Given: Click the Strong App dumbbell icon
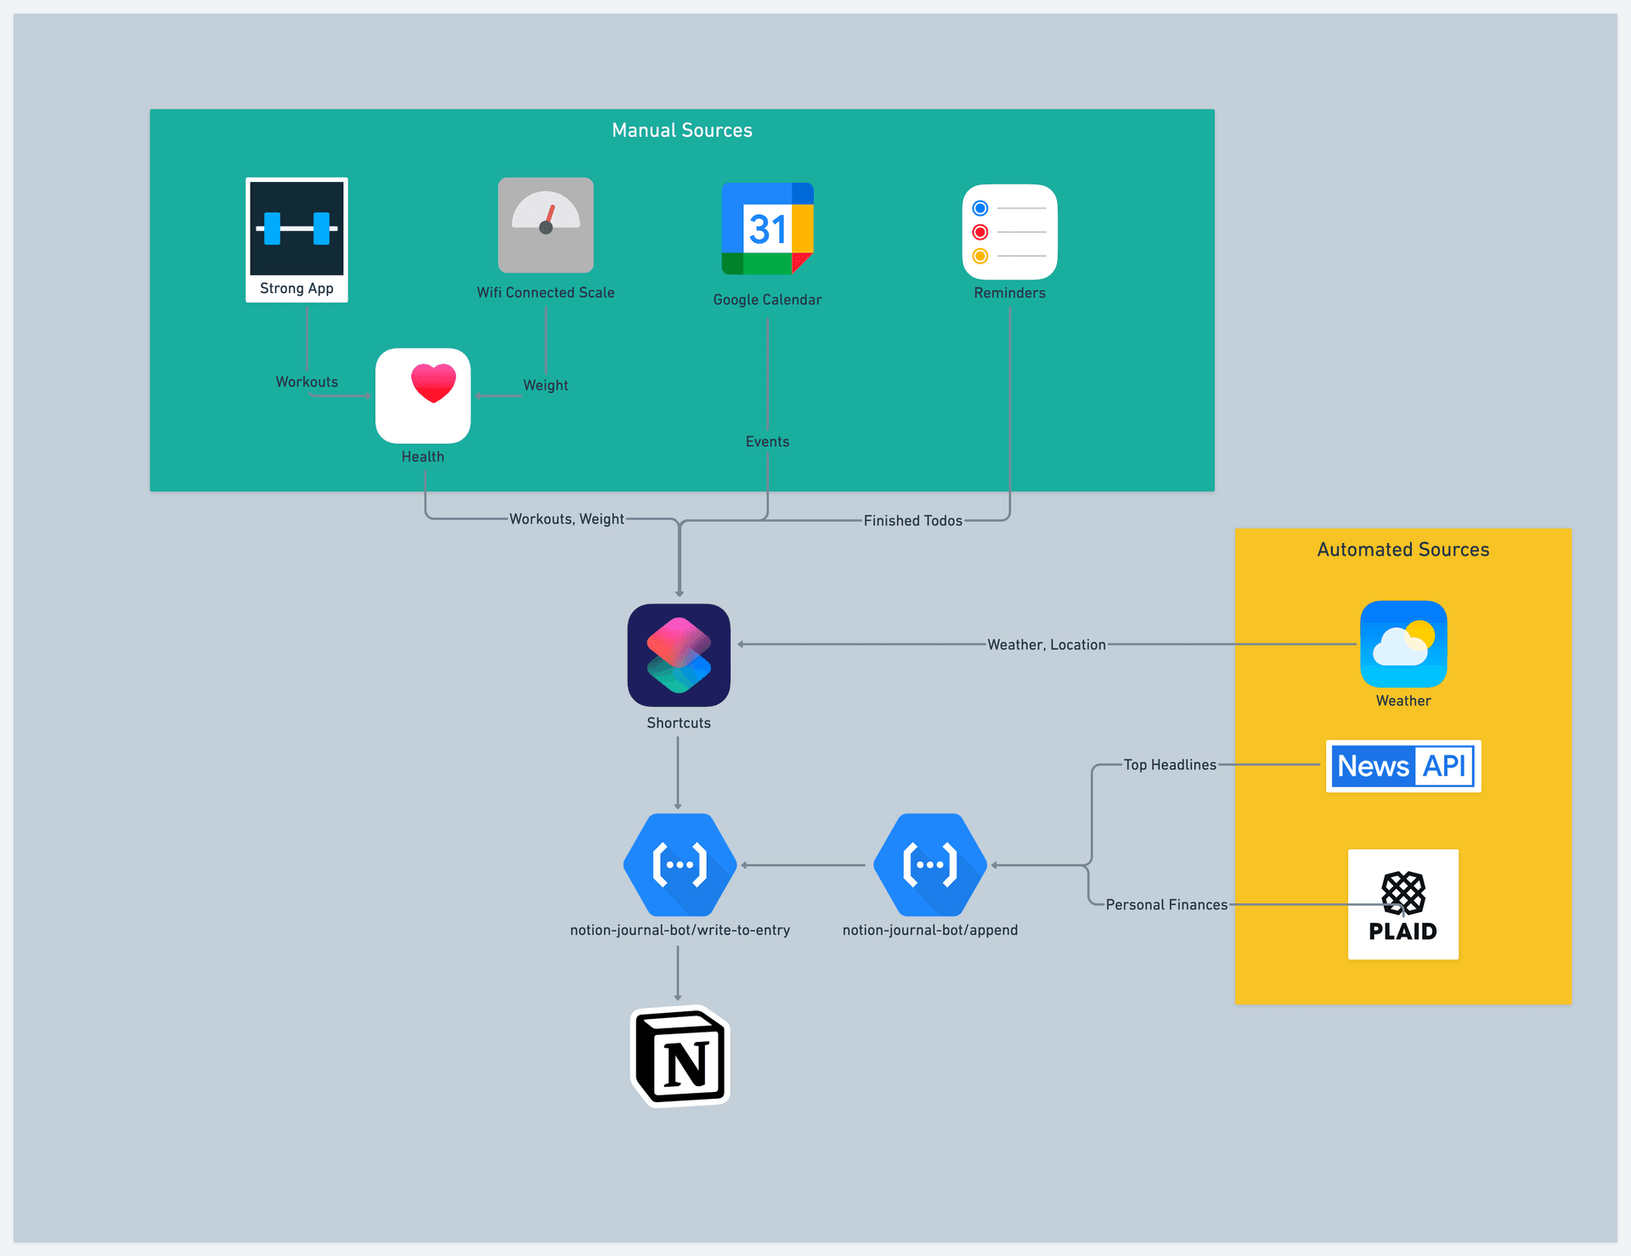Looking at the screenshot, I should coord(296,228).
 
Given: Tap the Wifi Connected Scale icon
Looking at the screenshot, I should coord(545,225).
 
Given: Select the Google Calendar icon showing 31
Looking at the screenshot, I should coord(767,229).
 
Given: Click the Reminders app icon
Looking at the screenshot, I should coord(1009,232).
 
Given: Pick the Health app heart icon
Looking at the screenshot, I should coord(423,395).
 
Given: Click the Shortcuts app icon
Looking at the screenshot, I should coord(679,655).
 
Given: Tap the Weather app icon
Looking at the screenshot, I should coord(1403,644).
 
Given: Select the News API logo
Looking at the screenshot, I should coord(1403,766).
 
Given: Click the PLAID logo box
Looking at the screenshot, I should coord(1403,904).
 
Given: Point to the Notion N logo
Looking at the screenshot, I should coord(680,1056).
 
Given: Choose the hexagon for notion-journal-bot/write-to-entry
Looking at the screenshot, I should coord(680,865).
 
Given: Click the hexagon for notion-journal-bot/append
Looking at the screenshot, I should coord(930,865).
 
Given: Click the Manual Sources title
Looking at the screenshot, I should coord(682,130).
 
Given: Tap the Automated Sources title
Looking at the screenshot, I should coord(1403,550).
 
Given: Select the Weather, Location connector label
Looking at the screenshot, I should coord(1047,645).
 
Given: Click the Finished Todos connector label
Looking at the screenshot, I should coord(913,521).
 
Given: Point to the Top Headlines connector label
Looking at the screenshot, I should coord(1170,765).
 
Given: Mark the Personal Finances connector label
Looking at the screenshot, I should coord(1166,905).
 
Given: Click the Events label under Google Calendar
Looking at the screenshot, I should coord(767,442).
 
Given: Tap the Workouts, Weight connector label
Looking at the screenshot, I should coord(567,519).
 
